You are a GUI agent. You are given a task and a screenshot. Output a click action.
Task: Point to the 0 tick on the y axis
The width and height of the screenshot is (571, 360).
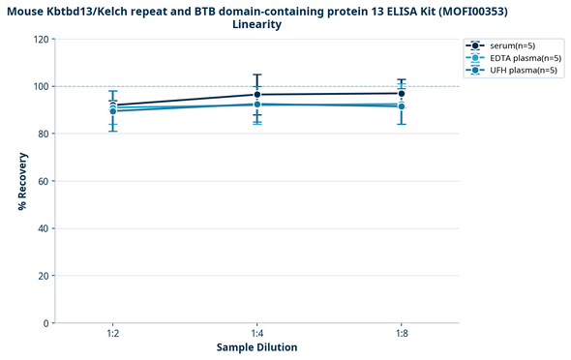(45, 323)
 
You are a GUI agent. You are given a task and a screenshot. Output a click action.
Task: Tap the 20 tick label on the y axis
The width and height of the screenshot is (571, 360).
(43, 276)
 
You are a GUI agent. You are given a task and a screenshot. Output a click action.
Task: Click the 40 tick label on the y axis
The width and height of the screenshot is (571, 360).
(43, 228)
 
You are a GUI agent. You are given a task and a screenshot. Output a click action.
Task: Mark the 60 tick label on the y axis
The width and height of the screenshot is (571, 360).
(43, 181)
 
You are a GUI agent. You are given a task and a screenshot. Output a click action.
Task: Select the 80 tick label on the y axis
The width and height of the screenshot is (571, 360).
(43, 134)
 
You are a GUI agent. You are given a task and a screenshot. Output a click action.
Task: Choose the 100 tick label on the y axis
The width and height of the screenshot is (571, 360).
(41, 86)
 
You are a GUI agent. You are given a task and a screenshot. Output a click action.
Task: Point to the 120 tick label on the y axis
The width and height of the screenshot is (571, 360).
(41, 39)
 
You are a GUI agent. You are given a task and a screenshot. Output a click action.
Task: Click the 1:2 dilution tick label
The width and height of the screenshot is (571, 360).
(113, 333)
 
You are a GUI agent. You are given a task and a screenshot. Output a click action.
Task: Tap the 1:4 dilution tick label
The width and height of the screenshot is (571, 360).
(256, 333)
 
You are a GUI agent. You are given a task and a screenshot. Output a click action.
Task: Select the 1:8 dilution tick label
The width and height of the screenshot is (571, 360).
(401, 333)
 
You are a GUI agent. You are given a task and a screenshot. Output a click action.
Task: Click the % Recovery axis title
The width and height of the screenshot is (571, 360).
(21, 181)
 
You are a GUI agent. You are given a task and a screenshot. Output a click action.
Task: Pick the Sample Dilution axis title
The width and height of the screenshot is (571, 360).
(256, 347)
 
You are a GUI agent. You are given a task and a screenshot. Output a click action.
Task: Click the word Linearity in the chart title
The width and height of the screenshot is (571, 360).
(257, 24)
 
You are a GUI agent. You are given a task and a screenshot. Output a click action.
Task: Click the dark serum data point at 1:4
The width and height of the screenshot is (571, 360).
(256, 95)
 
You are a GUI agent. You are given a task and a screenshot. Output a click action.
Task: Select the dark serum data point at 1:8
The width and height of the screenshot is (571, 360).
(401, 94)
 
